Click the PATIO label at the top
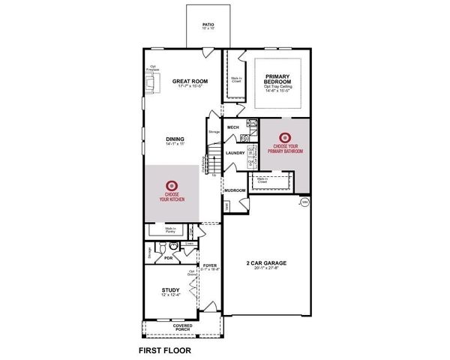[x=208, y=25]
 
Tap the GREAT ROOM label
[x=190, y=81]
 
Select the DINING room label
[x=175, y=138]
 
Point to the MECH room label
[x=232, y=127]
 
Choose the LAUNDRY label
[x=235, y=153]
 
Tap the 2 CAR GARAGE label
[x=267, y=262]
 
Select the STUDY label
[x=171, y=289]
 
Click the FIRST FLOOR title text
[x=164, y=349]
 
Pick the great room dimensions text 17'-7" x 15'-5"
[x=190, y=88]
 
